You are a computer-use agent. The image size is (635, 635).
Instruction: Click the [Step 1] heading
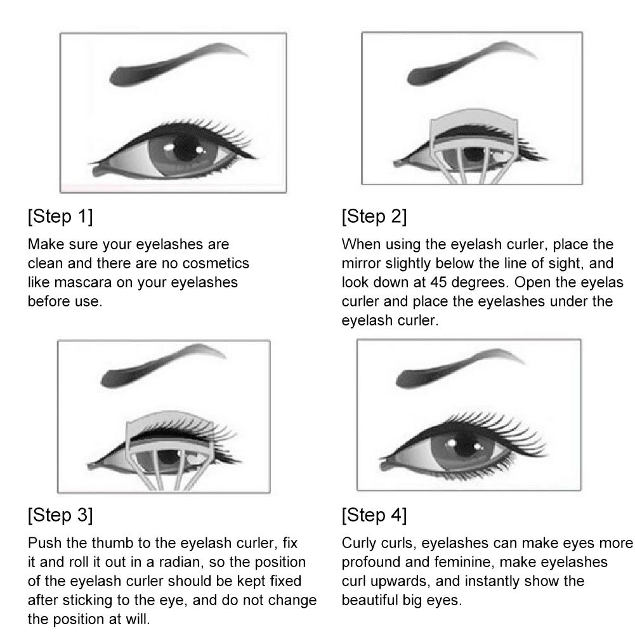60,216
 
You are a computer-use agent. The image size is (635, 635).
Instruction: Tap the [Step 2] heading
374,216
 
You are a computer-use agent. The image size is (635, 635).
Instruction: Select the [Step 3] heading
60,515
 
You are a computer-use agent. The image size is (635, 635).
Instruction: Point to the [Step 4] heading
374,515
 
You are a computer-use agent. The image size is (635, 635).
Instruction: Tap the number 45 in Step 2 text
438,282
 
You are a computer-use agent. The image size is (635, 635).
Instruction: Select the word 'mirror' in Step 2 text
361,263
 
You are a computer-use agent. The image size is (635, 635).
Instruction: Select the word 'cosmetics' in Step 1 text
216,263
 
